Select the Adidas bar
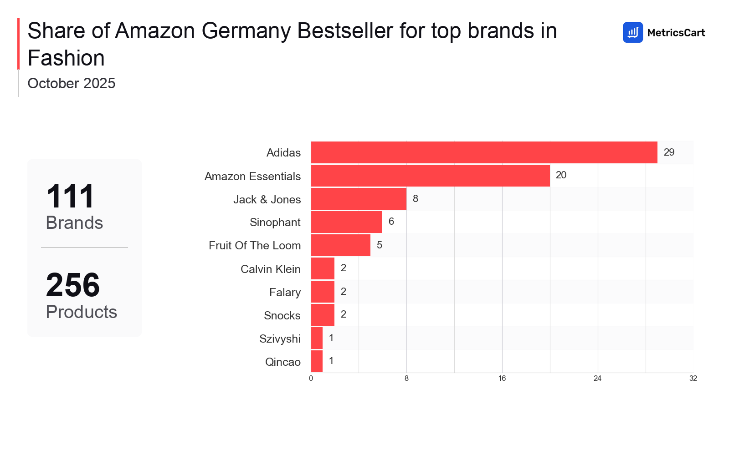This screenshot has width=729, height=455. [x=484, y=152]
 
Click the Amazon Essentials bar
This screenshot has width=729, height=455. [x=430, y=176]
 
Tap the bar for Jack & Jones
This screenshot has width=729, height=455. [x=359, y=199]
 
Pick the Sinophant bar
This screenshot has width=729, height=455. [x=346, y=222]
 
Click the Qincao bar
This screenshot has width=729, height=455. [x=317, y=361]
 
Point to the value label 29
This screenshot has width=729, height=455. [x=669, y=152]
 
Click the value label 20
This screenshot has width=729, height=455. [x=561, y=175]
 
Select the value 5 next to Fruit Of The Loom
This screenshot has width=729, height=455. [x=380, y=245]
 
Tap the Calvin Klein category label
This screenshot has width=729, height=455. [x=270, y=269]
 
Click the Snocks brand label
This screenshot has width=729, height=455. [x=282, y=315]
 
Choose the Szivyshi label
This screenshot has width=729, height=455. [x=280, y=339]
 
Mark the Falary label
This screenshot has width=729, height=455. [x=285, y=292]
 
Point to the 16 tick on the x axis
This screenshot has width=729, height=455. [x=502, y=379]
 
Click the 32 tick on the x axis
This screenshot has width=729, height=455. [x=693, y=379]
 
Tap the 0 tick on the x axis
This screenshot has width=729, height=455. [x=311, y=379]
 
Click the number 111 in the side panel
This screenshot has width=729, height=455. [x=70, y=197]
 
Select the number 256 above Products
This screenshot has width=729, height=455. [x=73, y=285]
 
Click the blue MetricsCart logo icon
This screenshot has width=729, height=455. [x=632, y=32]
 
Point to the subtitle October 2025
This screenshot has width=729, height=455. [x=72, y=83]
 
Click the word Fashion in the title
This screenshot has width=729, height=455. [x=66, y=58]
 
